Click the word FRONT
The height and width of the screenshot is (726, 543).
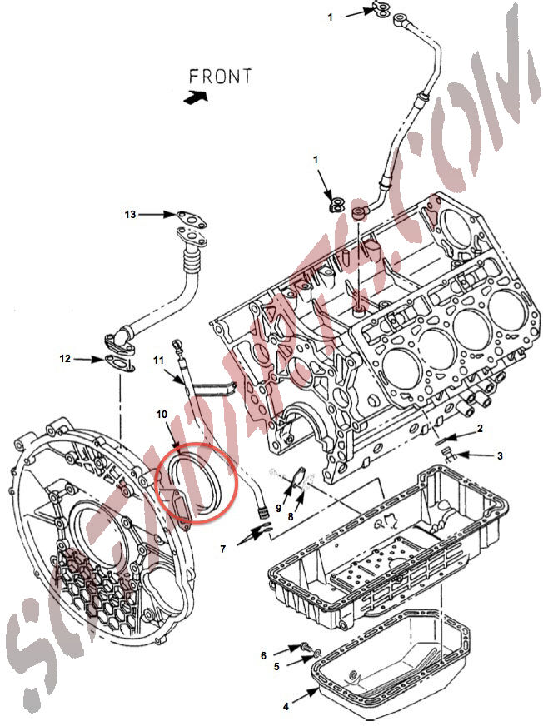coord(220,76)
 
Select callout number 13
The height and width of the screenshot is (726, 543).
coord(130,215)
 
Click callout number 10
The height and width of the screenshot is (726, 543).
coord(162,413)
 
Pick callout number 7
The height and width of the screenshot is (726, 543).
coord(223,549)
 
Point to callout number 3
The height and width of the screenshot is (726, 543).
coord(500,455)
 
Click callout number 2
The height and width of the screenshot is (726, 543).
coord(480,429)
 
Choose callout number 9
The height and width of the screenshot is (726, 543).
coord(279,508)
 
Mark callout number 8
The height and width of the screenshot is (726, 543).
coord(290,516)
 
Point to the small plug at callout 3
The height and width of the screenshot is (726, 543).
coord(447,454)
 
